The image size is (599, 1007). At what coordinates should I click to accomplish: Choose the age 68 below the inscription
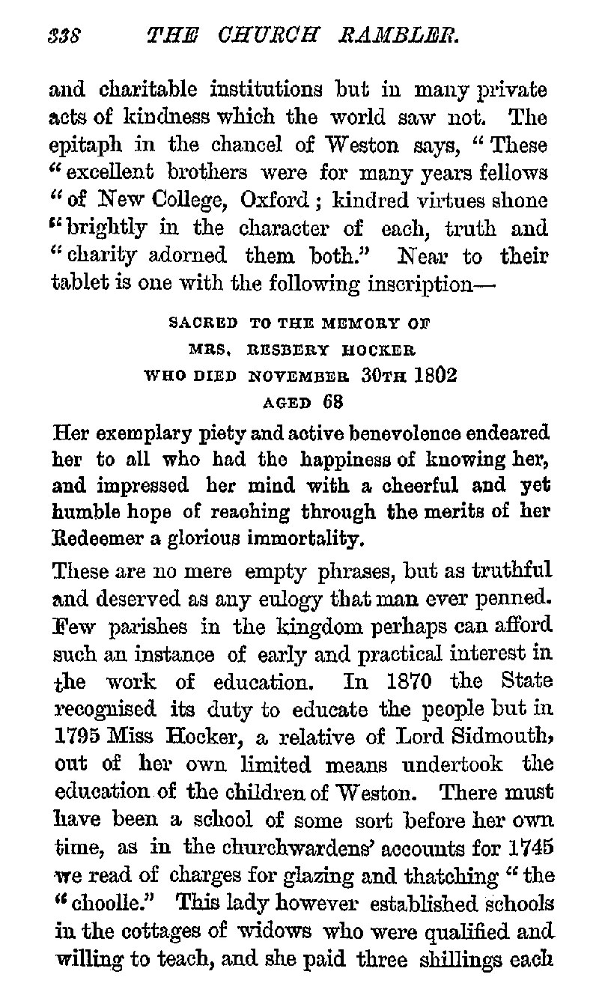pyautogui.click(x=332, y=401)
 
